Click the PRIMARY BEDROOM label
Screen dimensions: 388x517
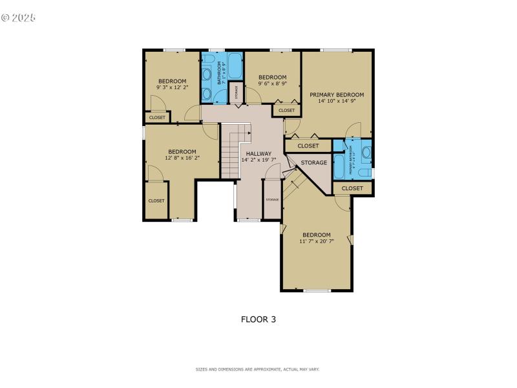coord(336,94)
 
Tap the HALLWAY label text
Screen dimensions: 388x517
coord(258,154)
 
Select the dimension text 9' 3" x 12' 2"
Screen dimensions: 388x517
coord(172,87)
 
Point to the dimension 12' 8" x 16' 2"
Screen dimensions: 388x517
coord(181,157)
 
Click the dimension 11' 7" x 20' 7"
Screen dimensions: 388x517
coord(316,241)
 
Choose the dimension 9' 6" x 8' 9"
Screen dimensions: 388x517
coord(273,83)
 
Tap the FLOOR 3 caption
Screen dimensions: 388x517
coord(258,319)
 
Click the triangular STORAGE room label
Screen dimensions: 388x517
coord(313,163)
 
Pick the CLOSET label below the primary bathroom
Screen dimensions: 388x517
coord(352,188)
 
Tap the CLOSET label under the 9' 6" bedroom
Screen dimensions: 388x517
coord(286,111)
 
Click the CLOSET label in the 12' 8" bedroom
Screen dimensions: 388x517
coord(156,200)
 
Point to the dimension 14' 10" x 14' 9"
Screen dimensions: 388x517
coord(336,101)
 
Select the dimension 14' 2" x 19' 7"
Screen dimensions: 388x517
coord(258,160)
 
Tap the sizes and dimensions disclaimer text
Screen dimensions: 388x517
coord(258,369)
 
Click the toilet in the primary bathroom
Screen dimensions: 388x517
coord(366,153)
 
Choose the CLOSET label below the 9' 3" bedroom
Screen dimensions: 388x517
coord(157,117)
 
